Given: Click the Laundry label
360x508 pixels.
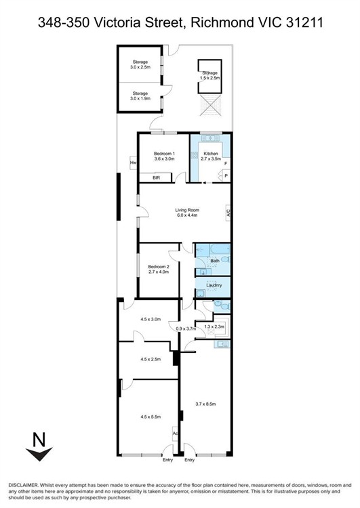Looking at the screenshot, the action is coord(214,285).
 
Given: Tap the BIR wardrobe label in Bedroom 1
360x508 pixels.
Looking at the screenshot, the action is coord(157,177).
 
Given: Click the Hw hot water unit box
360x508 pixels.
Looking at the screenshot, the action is coord(133,163).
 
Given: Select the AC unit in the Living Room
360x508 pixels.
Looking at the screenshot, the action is coord(228,213).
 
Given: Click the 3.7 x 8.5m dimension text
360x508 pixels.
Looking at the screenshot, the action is coord(205,404).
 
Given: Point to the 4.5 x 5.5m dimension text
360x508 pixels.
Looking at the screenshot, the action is coord(151,417).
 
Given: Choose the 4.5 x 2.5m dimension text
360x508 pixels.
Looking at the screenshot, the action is coord(151,359).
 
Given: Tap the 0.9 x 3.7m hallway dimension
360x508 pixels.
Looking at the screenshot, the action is coord(186,329).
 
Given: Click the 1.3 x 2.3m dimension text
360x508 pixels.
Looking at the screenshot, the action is coord(214,326).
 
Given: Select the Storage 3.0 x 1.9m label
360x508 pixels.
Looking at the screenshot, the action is coord(140,96).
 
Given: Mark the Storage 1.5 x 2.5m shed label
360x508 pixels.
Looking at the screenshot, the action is coord(209,75).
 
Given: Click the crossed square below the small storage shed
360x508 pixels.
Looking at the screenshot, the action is coord(210,105).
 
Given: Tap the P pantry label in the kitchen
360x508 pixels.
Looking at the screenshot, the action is coord(226,176).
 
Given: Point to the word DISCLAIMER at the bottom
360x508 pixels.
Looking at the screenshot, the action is coord(23,486).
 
